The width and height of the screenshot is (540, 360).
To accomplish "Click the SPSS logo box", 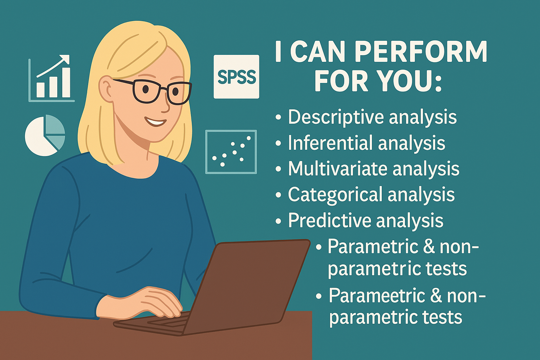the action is [236, 76].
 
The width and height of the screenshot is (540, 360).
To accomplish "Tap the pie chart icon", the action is [45, 135].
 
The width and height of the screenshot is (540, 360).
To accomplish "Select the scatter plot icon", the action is [231, 152].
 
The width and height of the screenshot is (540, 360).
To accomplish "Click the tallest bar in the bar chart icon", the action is [66, 82].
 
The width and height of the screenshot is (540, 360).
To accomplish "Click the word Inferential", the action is [330, 142].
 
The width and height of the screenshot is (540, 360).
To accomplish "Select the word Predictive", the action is [329, 220].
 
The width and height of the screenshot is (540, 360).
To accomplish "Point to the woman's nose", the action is [165, 106].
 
